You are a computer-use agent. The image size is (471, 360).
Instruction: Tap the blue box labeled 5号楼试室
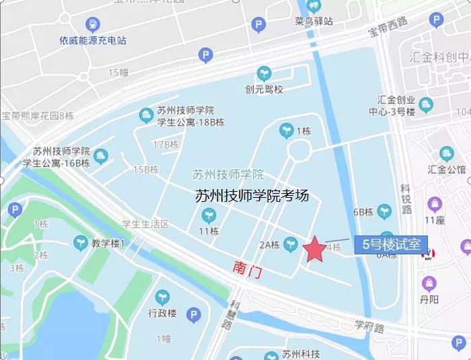(x=391, y=245)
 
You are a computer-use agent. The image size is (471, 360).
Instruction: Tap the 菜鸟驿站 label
(x=314, y=21)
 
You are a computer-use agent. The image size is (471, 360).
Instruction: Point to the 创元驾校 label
(x=264, y=89)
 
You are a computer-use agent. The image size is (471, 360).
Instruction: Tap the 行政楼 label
(x=162, y=314)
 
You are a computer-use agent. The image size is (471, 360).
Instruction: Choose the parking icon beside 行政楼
(x=193, y=314)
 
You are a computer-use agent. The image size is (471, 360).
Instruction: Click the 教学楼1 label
(x=108, y=243)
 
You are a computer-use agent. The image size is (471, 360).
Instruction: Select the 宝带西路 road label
(x=388, y=28)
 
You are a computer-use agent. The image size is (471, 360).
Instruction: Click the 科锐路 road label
(x=406, y=199)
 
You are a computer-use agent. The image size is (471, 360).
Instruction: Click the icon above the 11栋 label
(x=209, y=215)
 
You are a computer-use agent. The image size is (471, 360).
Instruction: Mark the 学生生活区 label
(x=145, y=223)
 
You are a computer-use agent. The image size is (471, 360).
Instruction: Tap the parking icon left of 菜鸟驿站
(x=258, y=25)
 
